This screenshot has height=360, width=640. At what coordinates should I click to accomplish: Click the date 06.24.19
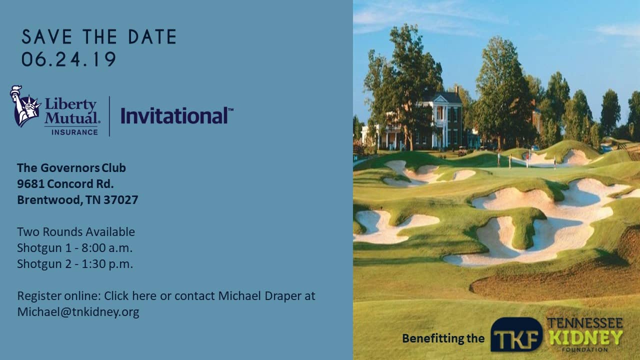point(68,59)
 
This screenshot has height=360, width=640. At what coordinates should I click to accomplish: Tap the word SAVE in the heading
point(47,36)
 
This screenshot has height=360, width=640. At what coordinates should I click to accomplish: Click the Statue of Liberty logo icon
point(24,105)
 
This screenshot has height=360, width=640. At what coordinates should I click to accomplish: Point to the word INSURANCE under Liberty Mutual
point(74,132)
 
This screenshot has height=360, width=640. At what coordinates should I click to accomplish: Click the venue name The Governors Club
point(71,167)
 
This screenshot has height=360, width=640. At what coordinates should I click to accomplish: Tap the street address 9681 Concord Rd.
point(65,183)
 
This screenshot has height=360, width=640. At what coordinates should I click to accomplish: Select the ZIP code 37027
point(121,199)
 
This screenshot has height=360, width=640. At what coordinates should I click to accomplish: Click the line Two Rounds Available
point(76,231)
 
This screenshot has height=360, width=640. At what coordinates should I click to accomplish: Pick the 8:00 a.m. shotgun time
point(107,247)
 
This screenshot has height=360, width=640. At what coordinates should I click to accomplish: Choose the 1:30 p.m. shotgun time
point(107,263)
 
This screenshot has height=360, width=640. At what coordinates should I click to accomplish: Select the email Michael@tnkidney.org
point(78,311)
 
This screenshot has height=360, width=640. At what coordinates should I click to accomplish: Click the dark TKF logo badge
point(516,334)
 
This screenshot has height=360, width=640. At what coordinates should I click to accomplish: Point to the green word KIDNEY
point(586,337)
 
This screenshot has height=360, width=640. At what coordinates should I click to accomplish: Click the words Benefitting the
point(443,338)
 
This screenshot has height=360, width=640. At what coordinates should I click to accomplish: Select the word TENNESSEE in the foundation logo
point(585,323)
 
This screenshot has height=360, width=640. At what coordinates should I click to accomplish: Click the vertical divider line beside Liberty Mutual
point(109,116)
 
